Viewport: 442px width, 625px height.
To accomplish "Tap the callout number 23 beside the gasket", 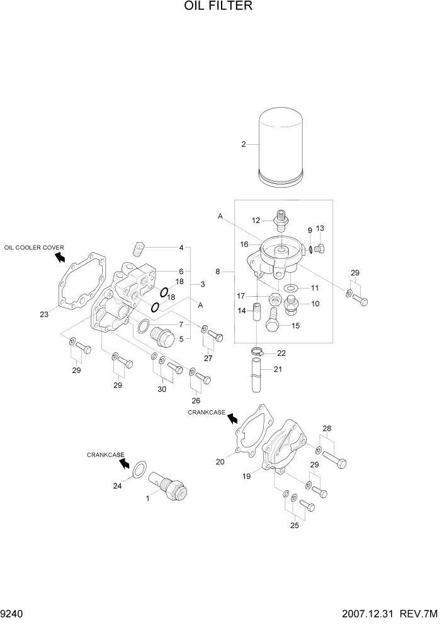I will [43, 314].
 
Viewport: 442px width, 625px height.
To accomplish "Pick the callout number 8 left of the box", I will [218, 272].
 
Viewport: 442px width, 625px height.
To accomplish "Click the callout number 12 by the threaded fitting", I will [256, 221].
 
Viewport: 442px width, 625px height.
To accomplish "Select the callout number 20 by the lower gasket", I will [220, 462].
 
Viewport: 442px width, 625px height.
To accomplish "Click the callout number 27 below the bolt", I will [208, 358].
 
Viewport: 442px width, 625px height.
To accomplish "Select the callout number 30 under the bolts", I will [162, 389].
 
